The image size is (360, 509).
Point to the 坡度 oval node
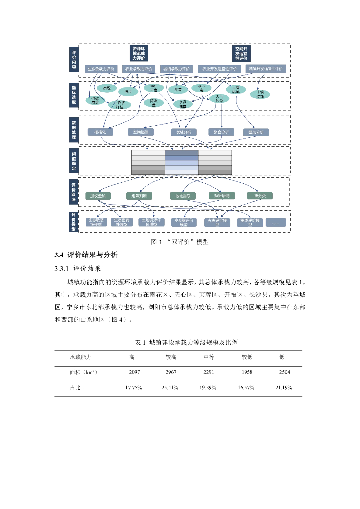point(128,91)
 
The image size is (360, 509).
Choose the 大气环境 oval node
point(219,98)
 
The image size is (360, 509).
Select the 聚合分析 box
point(221,132)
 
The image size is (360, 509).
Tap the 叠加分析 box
point(256,132)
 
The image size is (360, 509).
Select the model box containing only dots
point(275,223)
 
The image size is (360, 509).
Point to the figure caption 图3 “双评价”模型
point(180,242)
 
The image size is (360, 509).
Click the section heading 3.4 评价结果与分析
point(86,255)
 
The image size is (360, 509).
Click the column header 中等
point(209,357)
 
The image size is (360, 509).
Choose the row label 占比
point(75,387)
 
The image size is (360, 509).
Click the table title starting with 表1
point(180,343)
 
